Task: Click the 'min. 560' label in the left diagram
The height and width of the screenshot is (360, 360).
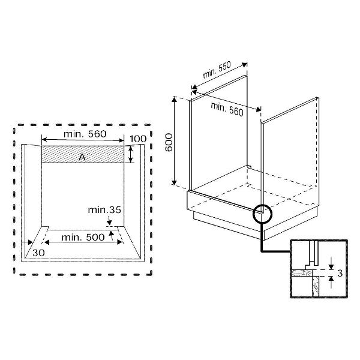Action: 84,134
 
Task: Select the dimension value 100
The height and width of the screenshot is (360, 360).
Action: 138,139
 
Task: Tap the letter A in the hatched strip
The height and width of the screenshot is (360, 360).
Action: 81,156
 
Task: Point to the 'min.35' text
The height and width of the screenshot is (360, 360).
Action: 104,211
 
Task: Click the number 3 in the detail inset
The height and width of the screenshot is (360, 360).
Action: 340,274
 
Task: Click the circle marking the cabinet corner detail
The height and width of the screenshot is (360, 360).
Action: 262,213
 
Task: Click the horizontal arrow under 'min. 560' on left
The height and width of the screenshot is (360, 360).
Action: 84,143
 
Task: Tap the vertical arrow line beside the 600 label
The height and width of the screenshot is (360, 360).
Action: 175,141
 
